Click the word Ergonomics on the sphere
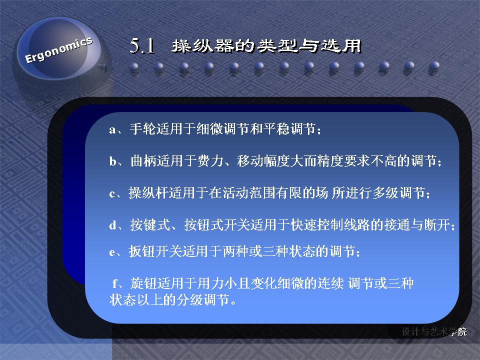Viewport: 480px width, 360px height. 58,50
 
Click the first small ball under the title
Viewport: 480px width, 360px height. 134,66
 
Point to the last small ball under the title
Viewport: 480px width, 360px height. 434,66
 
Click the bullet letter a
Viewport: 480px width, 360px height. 112,130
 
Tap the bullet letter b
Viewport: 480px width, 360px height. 112,160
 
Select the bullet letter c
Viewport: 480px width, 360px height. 112,194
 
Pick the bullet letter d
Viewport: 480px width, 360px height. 112,225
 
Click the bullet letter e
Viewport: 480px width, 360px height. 112,252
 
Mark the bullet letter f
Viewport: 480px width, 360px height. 115,283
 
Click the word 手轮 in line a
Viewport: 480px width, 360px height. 142,129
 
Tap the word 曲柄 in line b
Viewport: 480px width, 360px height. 143,160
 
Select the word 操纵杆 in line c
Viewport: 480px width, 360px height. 148,193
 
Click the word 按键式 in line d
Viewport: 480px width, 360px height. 150,224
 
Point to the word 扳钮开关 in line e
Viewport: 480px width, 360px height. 155,251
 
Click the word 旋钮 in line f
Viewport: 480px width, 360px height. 143,283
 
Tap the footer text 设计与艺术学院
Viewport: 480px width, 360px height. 434,331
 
